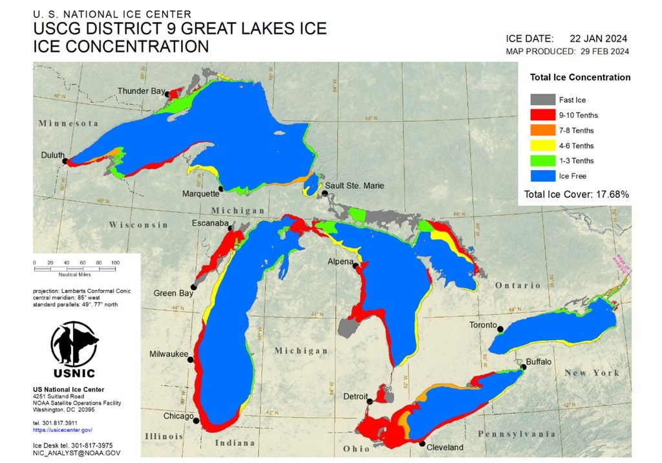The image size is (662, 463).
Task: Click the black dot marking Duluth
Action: tap(65, 162)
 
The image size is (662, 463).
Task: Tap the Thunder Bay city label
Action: tap(140, 91)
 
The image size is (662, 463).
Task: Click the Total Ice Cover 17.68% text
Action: tap(577, 193)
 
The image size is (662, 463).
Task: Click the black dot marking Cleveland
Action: tap(422, 444)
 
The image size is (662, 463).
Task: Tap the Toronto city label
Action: tap(484, 325)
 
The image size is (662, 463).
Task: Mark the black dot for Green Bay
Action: tap(193, 287)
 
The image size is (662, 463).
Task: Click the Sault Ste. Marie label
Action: tap(354, 186)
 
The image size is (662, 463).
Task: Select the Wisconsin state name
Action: tap(138, 225)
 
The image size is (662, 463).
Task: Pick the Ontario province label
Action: tap(518, 285)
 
